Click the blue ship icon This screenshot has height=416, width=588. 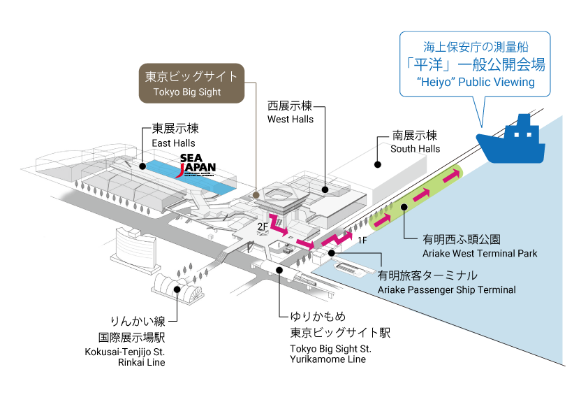[510, 141]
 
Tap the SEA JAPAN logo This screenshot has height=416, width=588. [198, 164]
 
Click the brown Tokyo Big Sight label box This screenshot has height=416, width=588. [191, 83]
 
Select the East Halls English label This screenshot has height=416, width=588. [174, 143]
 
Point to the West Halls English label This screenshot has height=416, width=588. [291, 120]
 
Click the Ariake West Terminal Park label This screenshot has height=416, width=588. [480, 253]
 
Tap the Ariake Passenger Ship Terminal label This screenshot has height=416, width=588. [446, 289]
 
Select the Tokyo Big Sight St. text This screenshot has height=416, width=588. [331, 348]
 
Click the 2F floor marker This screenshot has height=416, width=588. [263, 227]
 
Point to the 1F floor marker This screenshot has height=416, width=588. [362, 241]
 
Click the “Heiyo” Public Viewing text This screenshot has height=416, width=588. [475, 83]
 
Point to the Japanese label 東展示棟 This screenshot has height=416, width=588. [175, 130]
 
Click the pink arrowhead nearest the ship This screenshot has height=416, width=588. [455, 174]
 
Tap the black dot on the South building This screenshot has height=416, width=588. [378, 165]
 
